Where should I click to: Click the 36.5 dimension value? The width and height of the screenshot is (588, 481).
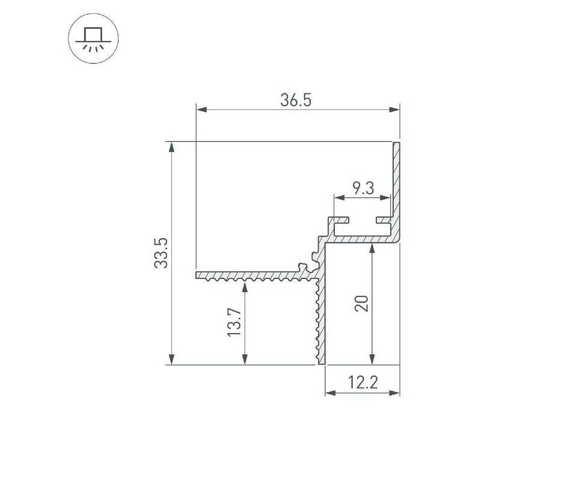(296, 100)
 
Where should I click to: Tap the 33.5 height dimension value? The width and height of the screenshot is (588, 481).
(161, 253)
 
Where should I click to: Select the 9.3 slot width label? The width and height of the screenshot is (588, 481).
(363, 188)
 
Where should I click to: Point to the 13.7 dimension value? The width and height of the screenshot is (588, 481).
(234, 322)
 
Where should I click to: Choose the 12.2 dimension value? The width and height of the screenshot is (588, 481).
(363, 383)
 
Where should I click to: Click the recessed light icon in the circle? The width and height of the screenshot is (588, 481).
(93, 39)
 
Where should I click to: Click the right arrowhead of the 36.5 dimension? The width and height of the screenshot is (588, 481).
(394, 110)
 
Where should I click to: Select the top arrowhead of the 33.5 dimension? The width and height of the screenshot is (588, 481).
(172, 147)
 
